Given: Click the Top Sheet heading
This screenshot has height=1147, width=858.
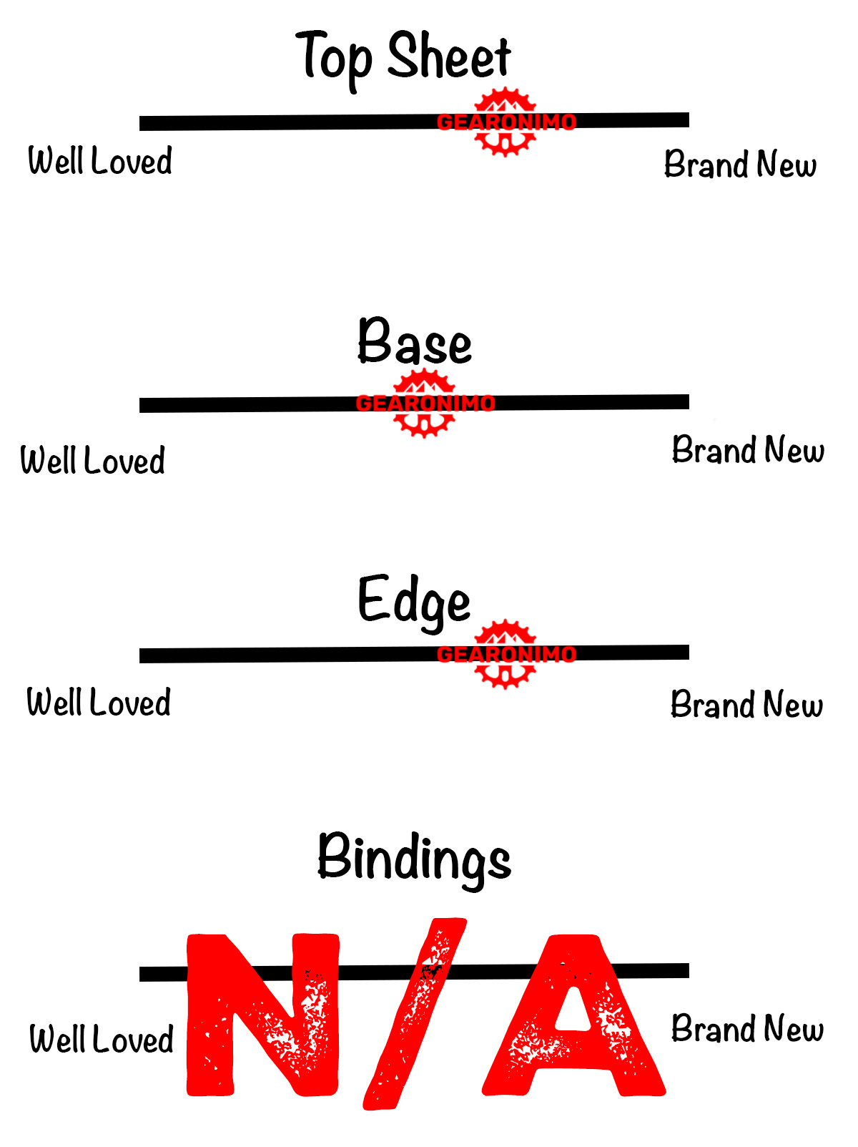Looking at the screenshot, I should (x=404, y=57).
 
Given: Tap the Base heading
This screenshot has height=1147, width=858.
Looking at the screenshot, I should (x=415, y=342).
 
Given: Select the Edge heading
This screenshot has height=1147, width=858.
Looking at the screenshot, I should (x=414, y=601).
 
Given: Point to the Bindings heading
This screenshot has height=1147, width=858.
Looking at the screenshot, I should (x=414, y=858).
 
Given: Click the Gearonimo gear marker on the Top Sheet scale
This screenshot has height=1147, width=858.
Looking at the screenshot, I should (x=506, y=122).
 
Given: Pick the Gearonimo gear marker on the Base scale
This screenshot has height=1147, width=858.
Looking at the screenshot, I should (x=425, y=403).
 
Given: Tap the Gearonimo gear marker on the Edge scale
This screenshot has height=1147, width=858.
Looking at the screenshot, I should (x=506, y=654).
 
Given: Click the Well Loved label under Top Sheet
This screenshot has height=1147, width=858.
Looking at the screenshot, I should (x=100, y=160).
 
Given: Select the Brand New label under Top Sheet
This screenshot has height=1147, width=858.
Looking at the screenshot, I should (x=740, y=164).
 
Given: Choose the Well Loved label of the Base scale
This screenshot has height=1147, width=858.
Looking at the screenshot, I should (x=93, y=460).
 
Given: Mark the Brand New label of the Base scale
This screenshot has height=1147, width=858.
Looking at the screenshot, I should (x=748, y=450).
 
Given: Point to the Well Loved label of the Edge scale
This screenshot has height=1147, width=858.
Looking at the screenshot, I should (x=99, y=702).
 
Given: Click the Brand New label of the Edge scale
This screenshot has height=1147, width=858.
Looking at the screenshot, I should (x=746, y=705).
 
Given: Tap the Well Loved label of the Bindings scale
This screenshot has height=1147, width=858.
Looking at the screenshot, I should (x=102, y=1039).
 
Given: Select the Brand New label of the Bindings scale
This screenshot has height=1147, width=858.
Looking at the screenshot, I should (x=747, y=1029).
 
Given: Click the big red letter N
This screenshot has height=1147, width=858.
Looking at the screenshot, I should (x=263, y=1016).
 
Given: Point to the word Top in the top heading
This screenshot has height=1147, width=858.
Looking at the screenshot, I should (x=334, y=57).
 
